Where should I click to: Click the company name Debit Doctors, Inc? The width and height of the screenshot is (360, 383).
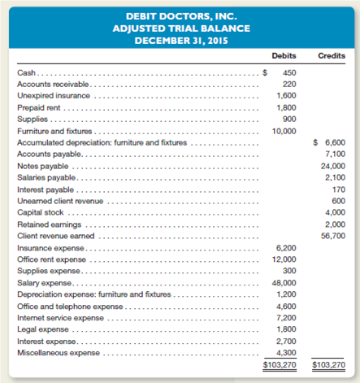click(180, 14)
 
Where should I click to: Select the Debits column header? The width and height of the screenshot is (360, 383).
click(284, 55)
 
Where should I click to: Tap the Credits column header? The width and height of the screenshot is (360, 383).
click(329, 55)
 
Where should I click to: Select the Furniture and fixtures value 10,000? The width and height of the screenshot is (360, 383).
click(284, 130)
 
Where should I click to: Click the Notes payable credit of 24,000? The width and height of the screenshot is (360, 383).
click(331, 165)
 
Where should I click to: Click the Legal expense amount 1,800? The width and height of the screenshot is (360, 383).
click(285, 330)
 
